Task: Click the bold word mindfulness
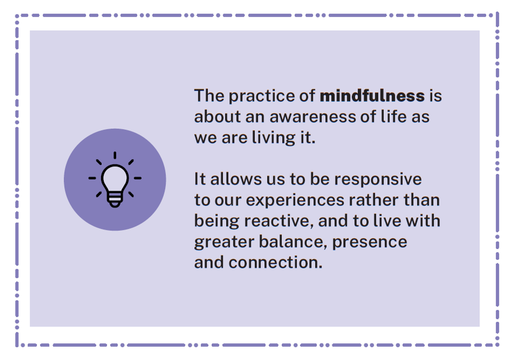point(372,96)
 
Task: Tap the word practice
point(262,96)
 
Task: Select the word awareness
point(313,117)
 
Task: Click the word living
point(274,138)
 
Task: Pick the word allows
point(236,179)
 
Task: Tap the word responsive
point(378,180)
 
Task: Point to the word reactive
point(279,221)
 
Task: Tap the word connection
point(275,262)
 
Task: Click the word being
point(217,221)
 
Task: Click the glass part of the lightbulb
point(115,178)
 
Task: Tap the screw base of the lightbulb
point(115,200)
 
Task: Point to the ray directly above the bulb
point(115,156)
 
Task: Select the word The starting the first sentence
point(209,96)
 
